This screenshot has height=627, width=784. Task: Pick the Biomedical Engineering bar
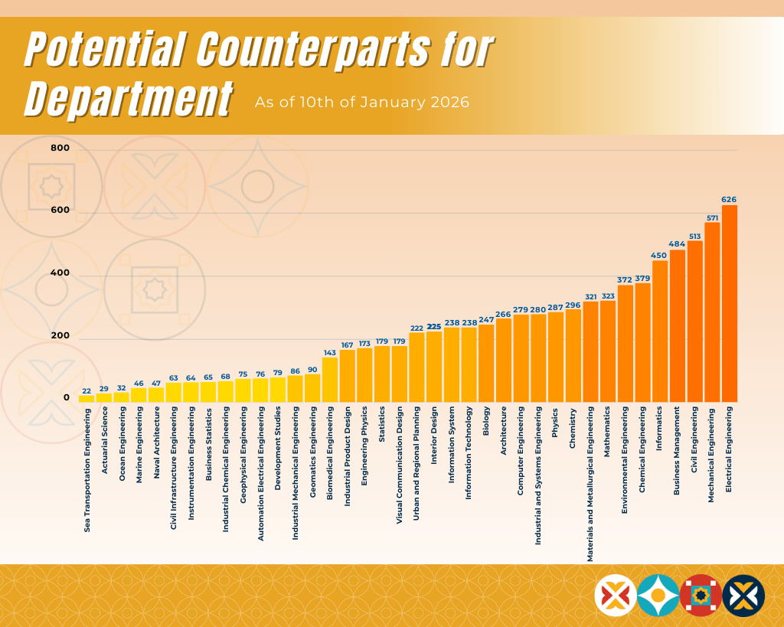330,380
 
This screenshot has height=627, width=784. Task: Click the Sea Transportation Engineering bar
87,399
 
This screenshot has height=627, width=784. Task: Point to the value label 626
729,200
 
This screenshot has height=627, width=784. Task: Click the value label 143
330,353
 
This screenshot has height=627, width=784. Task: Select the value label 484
677,244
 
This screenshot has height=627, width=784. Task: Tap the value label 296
573,305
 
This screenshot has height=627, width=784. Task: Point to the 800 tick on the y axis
60,148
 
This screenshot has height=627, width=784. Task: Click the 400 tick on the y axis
60,273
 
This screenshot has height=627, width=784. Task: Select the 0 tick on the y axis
66,397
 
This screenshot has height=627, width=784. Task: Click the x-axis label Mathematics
607,432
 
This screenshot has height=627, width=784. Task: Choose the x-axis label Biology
486,420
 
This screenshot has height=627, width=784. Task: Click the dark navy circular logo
743,596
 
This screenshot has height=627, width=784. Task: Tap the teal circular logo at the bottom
658,596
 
